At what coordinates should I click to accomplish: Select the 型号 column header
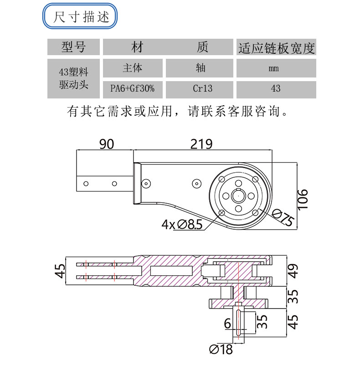(73, 46)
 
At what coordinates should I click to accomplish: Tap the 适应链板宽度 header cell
(276, 47)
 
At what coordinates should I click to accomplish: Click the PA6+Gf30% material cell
(132, 88)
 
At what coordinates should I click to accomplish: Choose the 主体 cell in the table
(132, 68)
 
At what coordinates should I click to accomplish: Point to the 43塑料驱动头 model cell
(73, 78)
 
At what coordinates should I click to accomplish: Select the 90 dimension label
(106, 144)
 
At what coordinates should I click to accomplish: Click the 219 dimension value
(201, 144)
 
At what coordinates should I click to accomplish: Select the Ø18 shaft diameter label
(221, 350)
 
